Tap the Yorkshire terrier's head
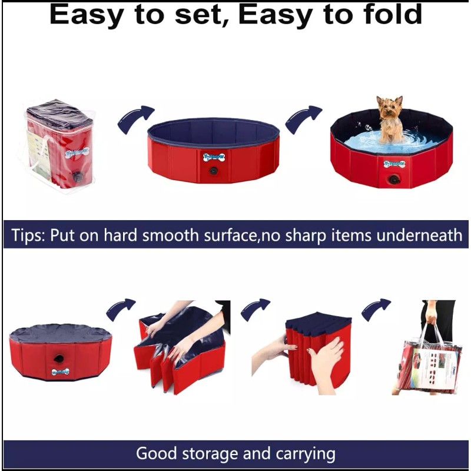coord(390,108)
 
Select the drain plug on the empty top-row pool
coord(213,171)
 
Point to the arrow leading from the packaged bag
coord(135,118)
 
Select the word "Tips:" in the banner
coord(29,235)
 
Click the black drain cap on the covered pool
coord(59,359)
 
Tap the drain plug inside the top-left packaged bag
coord(78,177)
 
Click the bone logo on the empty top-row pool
coord(213,157)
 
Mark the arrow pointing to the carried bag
coord(376,309)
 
